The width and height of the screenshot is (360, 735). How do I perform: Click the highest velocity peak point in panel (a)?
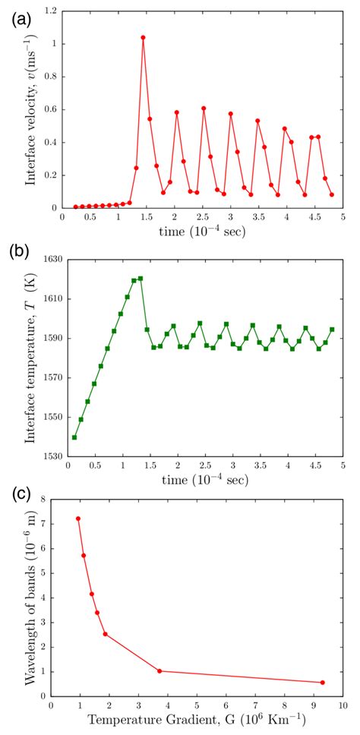tap(143, 37)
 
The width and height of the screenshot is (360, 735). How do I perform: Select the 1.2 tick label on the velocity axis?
tap(51, 11)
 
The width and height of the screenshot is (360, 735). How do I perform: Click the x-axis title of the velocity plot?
tap(202, 232)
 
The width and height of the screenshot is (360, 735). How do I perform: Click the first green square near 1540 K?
tap(74, 437)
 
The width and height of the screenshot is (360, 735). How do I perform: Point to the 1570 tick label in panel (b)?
tap(49, 377)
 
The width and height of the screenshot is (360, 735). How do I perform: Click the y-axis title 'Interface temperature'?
tap(24, 358)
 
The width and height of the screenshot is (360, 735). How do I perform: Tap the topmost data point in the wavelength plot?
tap(77, 519)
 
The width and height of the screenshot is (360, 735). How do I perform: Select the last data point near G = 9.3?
tap(322, 682)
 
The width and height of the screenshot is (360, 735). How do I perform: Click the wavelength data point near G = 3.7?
tap(159, 670)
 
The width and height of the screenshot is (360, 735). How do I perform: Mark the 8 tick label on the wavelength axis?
tap(43, 499)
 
